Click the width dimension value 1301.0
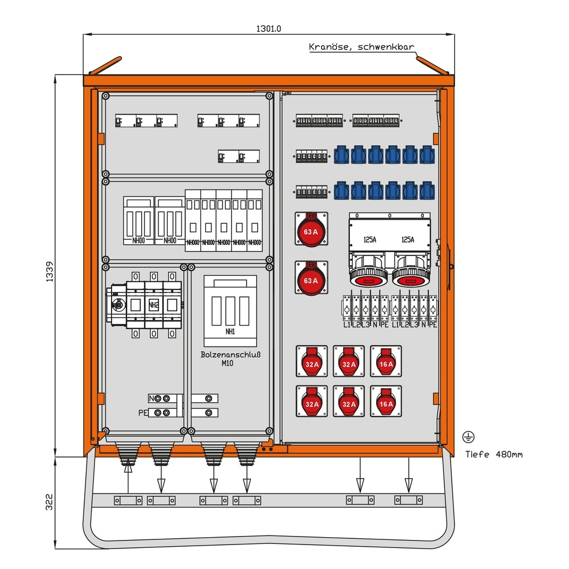pos(269,28)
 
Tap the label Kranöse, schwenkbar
pos(361,47)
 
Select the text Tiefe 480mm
pos(493,454)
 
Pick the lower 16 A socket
pos(386,402)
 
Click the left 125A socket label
pos(370,240)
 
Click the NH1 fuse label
pos(230,332)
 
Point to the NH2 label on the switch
pos(154,306)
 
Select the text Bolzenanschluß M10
pos(230,358)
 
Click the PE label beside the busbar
pos(142,413)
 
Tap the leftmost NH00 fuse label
pos(138,241)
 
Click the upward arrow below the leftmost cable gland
pos(128,469)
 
